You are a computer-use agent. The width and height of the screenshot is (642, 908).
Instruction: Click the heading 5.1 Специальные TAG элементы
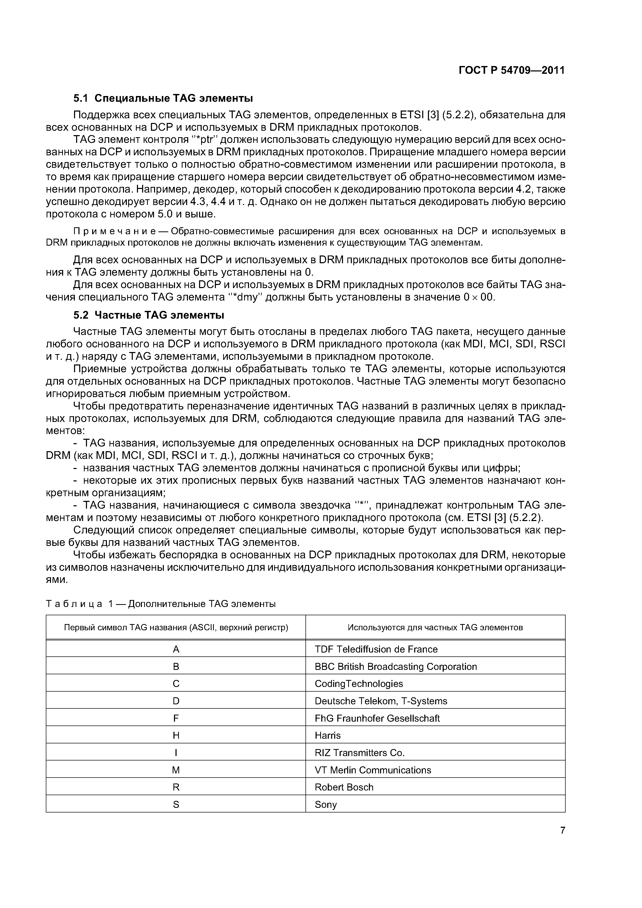pyautogui.click(x=163, y=98)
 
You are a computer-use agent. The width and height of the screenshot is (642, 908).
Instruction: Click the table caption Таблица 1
pyautogui.click(x=160, y=604)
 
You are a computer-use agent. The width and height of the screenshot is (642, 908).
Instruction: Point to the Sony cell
pyautogui.click(x=326, y=805)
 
